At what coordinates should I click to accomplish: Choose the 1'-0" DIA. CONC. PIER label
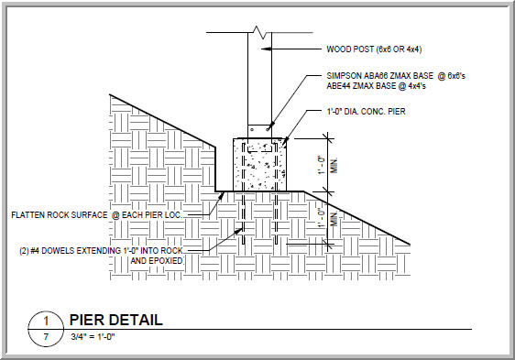366,112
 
